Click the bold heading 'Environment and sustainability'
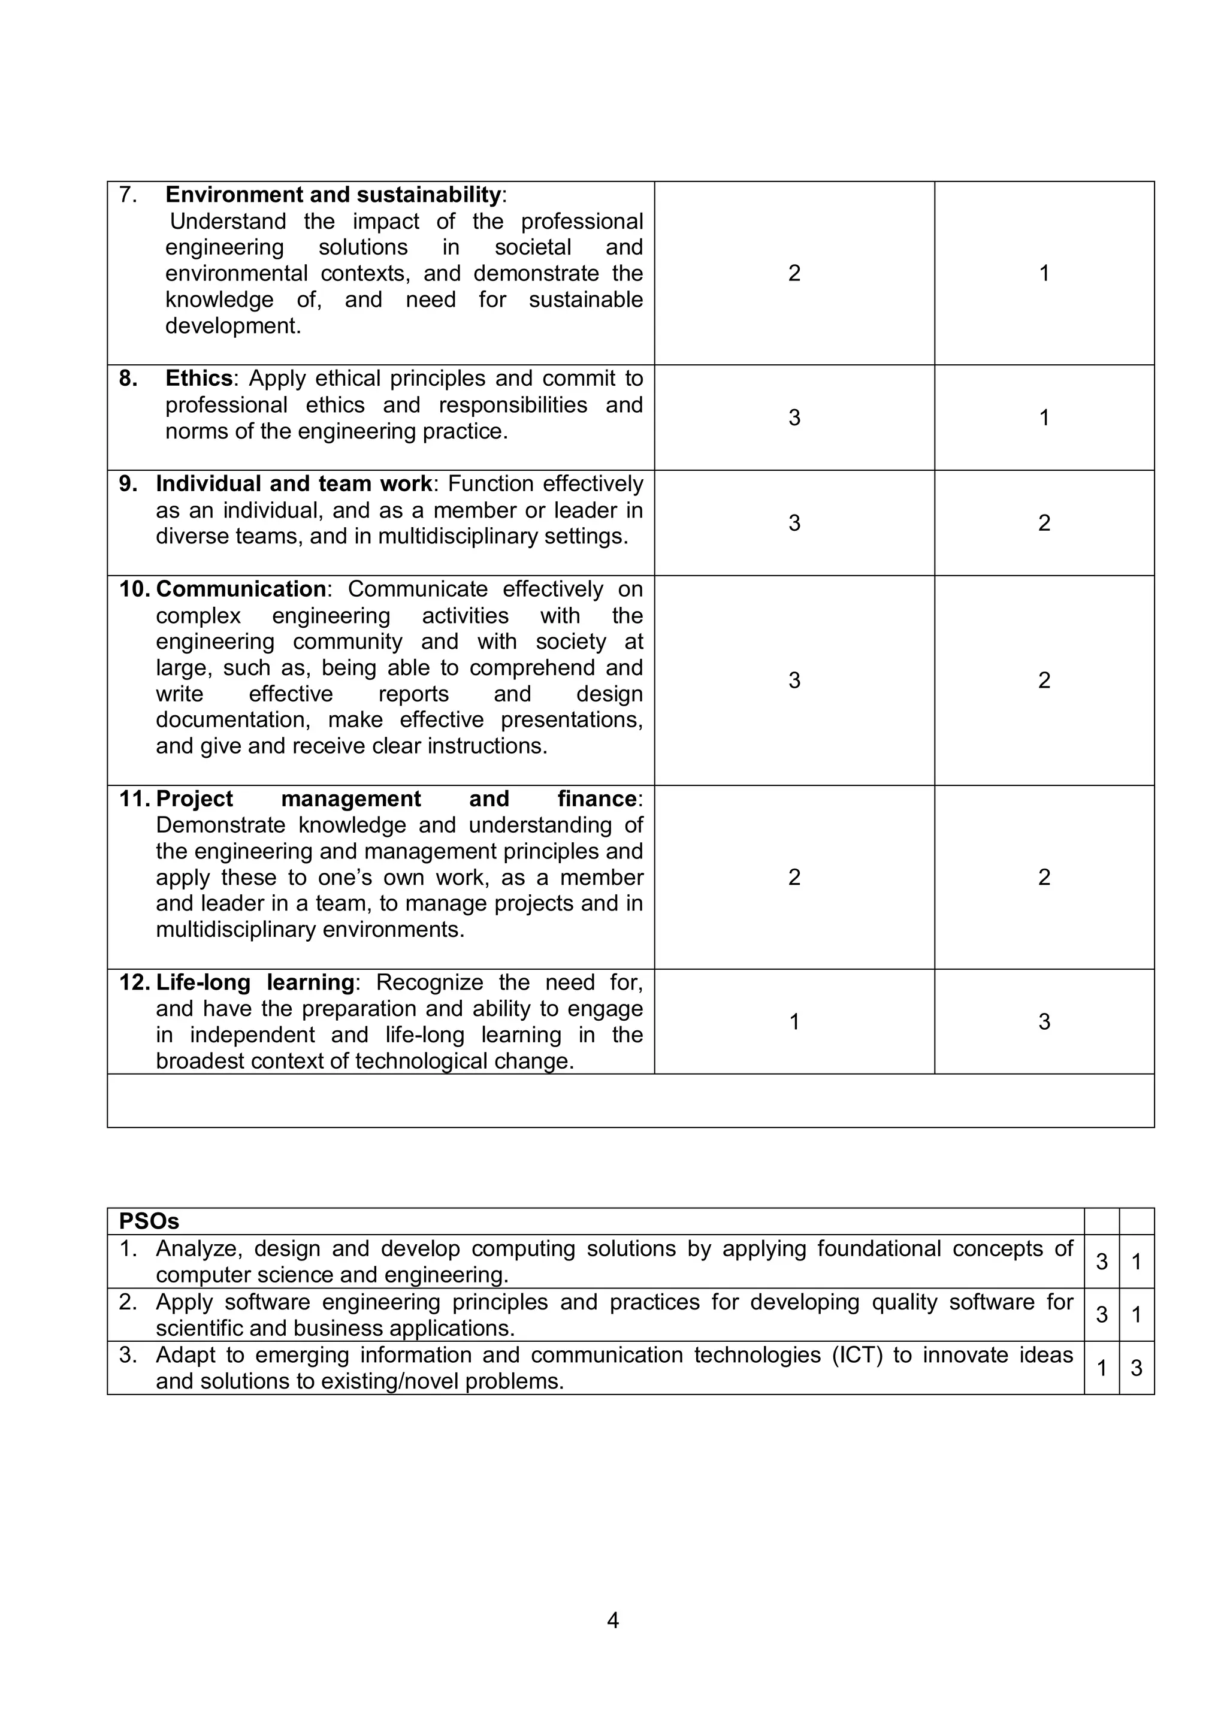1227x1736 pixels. point(333,195)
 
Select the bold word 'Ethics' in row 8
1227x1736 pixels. point(199,378)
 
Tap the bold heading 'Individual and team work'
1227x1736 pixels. point(294,484)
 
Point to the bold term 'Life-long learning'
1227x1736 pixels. point(255,982)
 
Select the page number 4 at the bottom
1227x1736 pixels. point(612,1620)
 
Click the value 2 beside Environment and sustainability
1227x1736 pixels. point(794,273)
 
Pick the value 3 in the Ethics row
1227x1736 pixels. point(794,418)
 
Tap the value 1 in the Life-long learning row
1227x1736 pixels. point(794,1021)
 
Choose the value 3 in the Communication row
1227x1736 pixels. point(794,680)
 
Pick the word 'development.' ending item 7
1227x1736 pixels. point(233,326)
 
